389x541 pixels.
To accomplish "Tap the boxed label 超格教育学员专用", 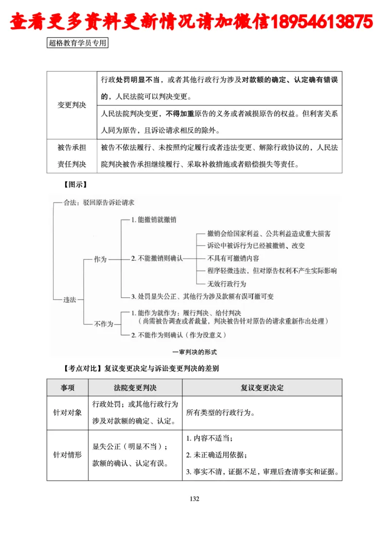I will (78, 43).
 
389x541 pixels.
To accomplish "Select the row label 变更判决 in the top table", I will (71, 104).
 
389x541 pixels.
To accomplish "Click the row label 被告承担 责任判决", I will (71, 156).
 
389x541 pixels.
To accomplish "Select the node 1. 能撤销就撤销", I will (154, 220).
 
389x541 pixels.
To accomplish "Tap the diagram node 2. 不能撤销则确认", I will (157, 258).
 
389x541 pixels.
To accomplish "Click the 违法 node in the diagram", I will (70, 299).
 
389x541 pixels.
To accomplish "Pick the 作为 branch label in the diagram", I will (100, 259).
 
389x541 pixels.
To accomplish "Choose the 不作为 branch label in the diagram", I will (103, 323).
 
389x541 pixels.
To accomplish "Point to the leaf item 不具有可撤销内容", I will (233, 258).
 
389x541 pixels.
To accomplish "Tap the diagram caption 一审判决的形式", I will (194, 351).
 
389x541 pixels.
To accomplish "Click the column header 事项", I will (67, 388).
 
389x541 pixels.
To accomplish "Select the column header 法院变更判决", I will (135, 388).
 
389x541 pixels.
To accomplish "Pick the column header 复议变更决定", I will (262, 388).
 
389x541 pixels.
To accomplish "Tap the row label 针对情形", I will (67, 455).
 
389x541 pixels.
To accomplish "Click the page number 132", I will (194, 499).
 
